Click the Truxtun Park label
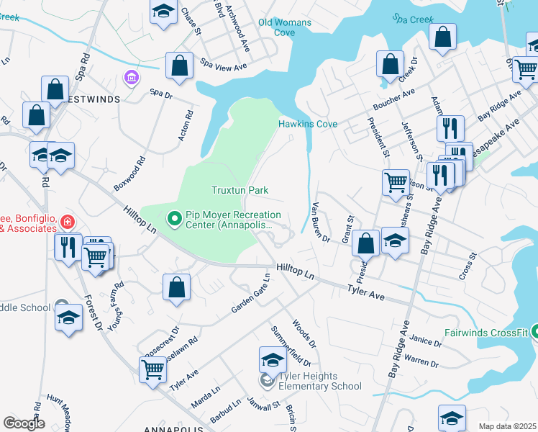point(240,191)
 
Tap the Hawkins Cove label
point(308,125)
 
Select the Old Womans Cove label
point(285,27)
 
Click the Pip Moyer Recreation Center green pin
point(174,217)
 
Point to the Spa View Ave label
point(224,66)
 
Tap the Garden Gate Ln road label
point(250,298)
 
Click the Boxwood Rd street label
point(129,174)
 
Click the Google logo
point(24,423)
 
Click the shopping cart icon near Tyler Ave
point(152,370)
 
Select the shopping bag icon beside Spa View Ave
point(179,66)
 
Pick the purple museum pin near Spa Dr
point(130,76)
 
